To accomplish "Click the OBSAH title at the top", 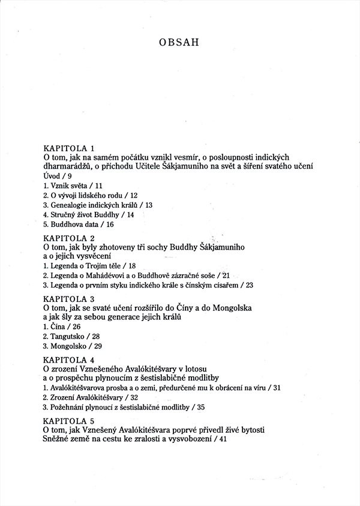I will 180,43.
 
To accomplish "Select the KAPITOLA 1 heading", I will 70,148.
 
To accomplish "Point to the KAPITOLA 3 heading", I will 70,298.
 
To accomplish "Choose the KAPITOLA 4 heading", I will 70,359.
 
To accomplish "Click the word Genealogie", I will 70,205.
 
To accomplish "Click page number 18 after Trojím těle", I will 132,265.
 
